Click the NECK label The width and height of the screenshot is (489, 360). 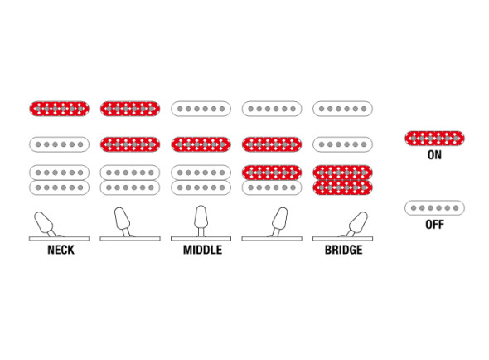pos(61,250)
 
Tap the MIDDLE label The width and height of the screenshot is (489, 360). pos(202,250)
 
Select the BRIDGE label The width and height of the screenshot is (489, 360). pos(344,250)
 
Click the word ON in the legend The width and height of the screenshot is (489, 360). pos(434,155)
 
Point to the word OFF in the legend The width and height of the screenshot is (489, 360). pos(434,225)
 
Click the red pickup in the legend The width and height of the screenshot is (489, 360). pos(434,139)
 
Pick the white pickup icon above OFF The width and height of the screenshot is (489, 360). pos(434,208)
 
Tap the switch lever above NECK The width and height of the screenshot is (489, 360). pos(46,224)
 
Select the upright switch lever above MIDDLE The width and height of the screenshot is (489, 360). pos(201,220)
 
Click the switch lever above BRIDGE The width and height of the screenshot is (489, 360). pos(356,224)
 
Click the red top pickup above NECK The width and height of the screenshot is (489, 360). pos(59,109)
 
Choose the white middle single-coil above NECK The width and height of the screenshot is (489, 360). pos(59,144)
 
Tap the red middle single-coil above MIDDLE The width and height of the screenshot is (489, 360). pos(201,144)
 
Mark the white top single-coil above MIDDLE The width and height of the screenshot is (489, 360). pos(201,109)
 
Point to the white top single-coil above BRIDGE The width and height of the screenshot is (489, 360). pos(342,109)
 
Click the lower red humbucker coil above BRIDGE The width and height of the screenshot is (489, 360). pos(342,187)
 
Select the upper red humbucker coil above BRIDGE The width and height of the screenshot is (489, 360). pos(342,173)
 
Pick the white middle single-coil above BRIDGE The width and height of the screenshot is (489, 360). pos(342,144)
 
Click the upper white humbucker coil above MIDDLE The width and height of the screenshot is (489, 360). pos(201,173)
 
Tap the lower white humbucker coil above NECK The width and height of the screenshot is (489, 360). pos(59,187)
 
